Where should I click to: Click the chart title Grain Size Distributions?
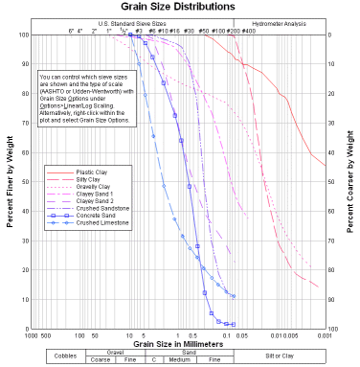pyautogui.click(x=179, y=7)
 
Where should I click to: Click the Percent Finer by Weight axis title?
pyautogui.click(x=11, y=182)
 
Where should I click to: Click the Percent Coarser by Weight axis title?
pyautogui.click(x=350, y=182)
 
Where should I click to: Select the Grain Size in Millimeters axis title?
pyautogui.click(x=179, y=343)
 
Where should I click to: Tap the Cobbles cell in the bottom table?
pyautogui.click(x=63, y=356)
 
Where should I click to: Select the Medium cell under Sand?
pyautogui.click(x=180, y=359)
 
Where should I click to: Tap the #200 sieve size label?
pyautogui.click(x=232, y=31)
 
